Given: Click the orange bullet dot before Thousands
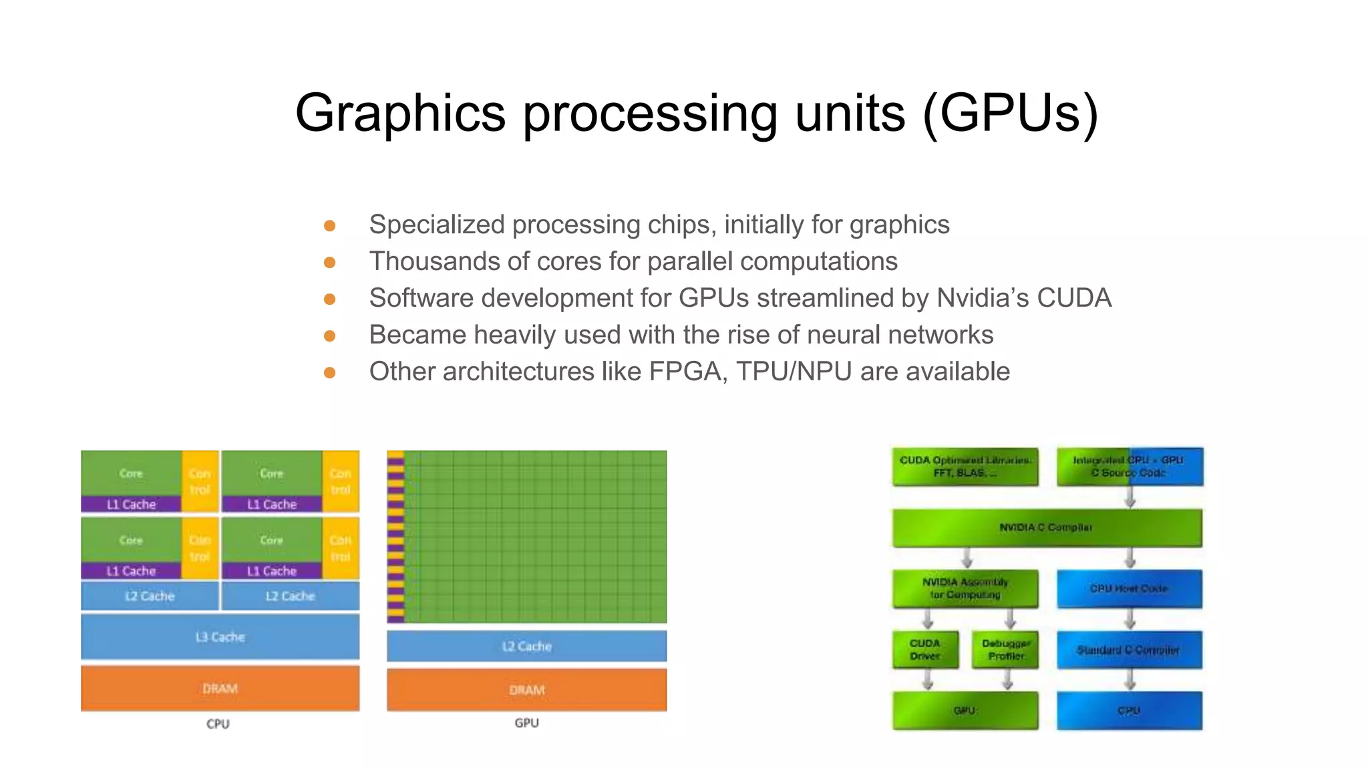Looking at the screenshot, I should click(329, 262).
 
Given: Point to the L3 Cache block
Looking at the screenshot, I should click(220, 637).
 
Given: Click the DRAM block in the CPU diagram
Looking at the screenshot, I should click(220, 688).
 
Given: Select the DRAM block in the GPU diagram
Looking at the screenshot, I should click(526, 690).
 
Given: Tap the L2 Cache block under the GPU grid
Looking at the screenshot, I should click(526, 646).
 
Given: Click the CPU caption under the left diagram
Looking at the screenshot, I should click(218, 724).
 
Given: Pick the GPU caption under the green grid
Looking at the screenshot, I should click(526, 723).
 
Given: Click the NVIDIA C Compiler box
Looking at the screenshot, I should click(1047, 528).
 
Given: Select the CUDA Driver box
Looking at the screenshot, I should click(925, 650).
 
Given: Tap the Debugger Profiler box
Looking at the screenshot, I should click(1006, 650).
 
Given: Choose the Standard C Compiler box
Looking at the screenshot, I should click(1129, 650).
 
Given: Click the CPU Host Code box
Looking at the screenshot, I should click(1129, 589).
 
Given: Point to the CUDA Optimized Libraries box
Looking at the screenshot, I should click(965, 467).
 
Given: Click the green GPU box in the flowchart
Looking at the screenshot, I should click(965, 711).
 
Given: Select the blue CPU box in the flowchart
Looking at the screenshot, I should click(1129, 711).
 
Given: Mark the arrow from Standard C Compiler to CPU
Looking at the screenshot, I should click(1130, 680).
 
